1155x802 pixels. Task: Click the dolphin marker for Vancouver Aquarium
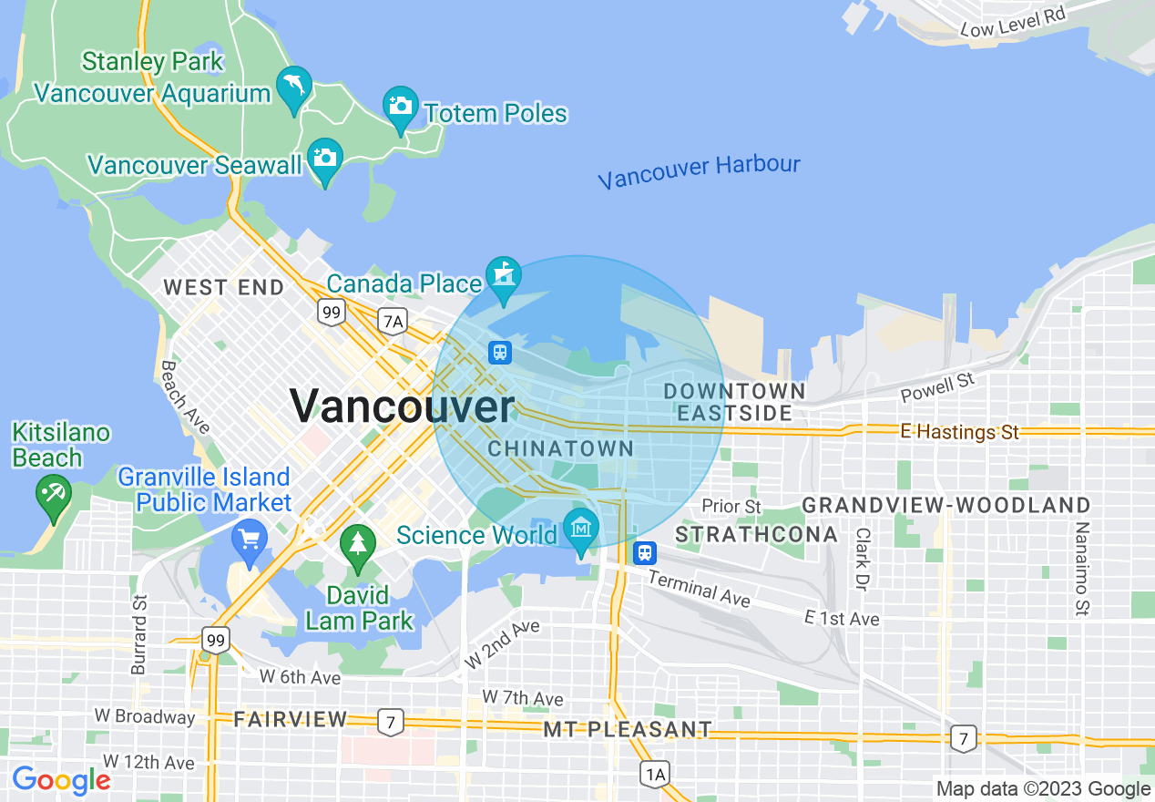pos(294,87)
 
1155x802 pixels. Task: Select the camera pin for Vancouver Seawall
pos(325,159)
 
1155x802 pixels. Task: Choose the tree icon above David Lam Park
pos(358,544)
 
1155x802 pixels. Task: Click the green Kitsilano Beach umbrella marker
pos(53,497)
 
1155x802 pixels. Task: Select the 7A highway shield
pos(393,321)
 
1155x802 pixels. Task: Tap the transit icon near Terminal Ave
pos(645,552)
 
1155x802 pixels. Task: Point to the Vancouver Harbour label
pos(699,171)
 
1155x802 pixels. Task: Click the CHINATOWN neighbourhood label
pos(560,448)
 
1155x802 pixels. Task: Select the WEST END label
pos(223,287)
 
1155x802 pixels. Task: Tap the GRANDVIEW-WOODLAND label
pos(945,505)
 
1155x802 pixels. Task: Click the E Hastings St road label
pos(959,432)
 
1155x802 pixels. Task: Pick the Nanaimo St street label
pos(1082,568)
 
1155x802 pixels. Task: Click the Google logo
pos(60,780)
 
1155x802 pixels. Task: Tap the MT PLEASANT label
pos(628,729)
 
